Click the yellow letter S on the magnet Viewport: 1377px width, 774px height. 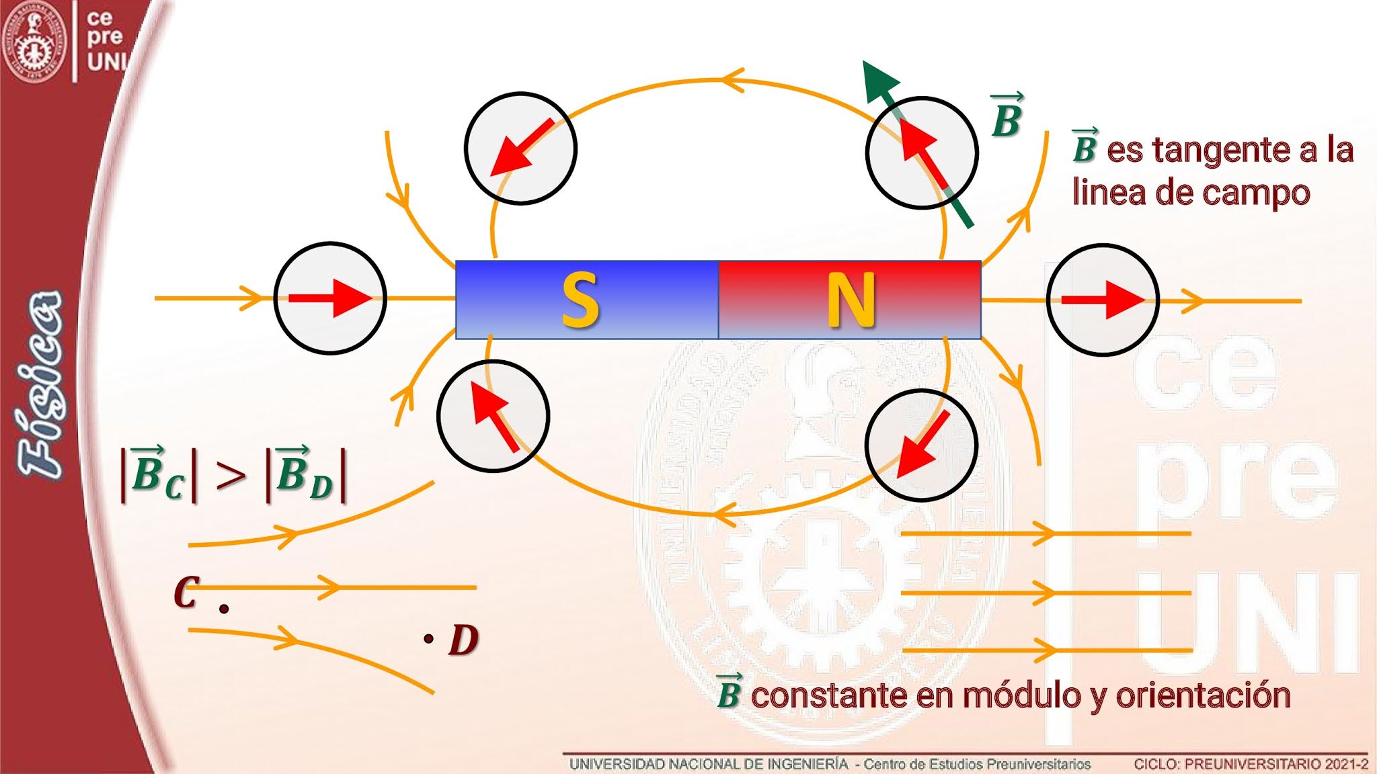580,300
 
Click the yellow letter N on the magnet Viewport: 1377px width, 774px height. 851,300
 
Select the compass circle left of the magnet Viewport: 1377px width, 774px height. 330,298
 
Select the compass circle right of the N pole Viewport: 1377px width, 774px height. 1103,300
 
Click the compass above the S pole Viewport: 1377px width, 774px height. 520,148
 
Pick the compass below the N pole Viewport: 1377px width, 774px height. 920,445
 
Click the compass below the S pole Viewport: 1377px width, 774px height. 493,417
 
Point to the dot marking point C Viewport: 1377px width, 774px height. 224,609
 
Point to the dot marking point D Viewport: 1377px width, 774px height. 428,638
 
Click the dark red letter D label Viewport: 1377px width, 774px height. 464,640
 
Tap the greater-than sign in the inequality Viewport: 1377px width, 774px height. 231,476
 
